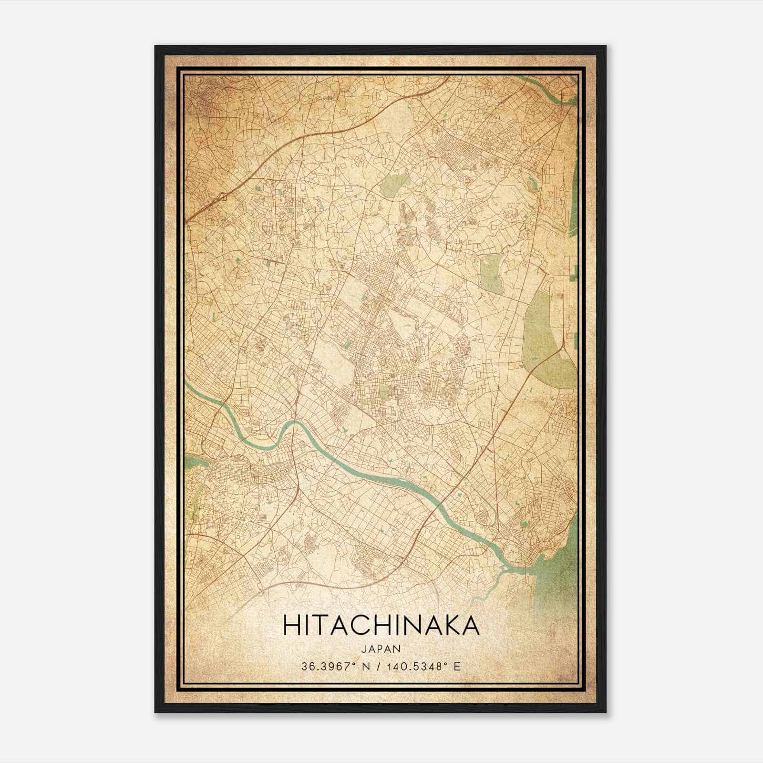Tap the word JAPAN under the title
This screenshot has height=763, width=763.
coord(381,649)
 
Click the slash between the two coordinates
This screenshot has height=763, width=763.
coord(376,667)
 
